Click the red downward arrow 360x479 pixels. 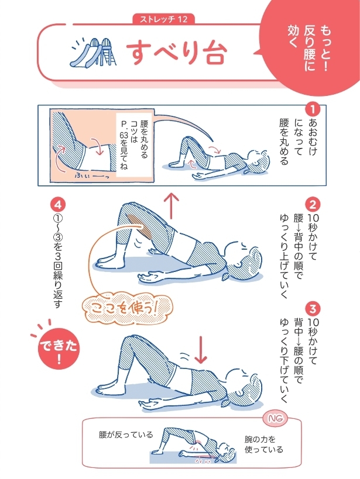click(x=200, y=349)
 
